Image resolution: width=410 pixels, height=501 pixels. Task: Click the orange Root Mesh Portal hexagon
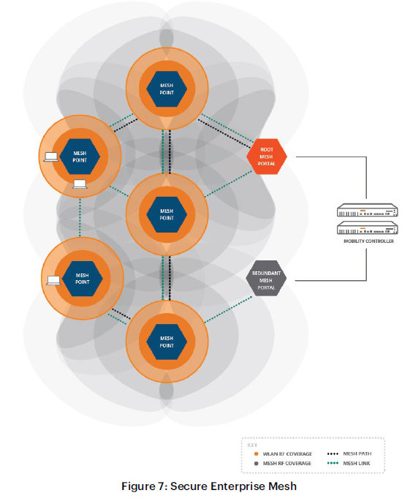point(267,157)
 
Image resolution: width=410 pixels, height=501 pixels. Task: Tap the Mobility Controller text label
point(368,241)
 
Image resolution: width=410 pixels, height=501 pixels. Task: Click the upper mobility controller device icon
point(367,210)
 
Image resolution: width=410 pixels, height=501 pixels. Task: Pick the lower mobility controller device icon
point(367,227)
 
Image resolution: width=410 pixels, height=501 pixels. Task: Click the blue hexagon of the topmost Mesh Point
point(167,88)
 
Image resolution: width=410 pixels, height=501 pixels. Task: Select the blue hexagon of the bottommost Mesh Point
point(167,342)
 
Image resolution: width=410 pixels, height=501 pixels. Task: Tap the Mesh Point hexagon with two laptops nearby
point(80,157)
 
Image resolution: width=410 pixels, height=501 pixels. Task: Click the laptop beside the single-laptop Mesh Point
point(53,281)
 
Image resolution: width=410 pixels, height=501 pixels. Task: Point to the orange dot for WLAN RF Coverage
point(256,453)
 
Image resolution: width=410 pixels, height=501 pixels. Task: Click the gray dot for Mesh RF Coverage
point(256,463)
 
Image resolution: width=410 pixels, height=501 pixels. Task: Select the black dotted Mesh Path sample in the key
point(333,453)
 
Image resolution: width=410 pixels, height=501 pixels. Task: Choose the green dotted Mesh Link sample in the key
point(333,463)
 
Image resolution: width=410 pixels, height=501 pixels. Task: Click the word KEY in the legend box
point(252,445)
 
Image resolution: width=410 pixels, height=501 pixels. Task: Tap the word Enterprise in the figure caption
point(238,486)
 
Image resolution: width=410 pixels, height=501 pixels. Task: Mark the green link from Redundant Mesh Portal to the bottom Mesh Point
point(228,309)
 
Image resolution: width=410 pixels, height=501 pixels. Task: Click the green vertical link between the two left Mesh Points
point(80,217)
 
